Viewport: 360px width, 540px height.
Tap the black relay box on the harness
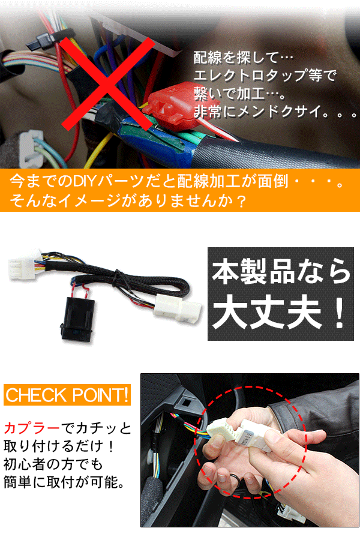(x=78, y=319)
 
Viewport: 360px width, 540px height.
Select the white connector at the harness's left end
(x=22, y=264)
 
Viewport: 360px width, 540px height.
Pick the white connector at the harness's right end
(x=178, y=308)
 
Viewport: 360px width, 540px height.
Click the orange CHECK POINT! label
(x=67, y=395)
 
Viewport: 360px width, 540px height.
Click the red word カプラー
(x=32, y=428)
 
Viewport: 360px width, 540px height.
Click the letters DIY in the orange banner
(x=85, y=181)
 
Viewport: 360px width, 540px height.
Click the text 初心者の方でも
(x=53, y=464)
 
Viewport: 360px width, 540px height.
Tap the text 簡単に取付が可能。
(x=64, y=482)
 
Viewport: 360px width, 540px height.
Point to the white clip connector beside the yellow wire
(x=31, y=148)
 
